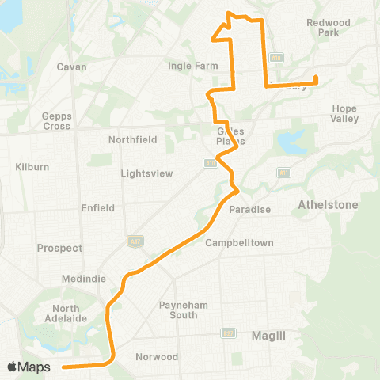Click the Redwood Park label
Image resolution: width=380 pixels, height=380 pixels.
pyautogui.click(x=322, y=28)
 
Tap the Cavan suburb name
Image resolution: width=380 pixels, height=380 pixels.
pyautogui.click(x=71, y=66)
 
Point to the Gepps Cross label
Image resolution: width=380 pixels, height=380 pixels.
pyautogui.click(x=56, y=120)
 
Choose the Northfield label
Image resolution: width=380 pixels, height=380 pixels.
pyautogui.click(x=133, y=139)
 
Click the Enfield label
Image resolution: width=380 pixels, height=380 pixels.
pyautogui.click(x=99, y=207)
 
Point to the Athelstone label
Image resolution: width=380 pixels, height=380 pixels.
pyautogui.click(x=328, y=204)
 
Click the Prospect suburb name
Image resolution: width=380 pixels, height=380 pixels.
pyautogui.click(x=59, y=248)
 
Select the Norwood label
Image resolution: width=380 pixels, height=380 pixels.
pyautogui.click(x=157, y=356)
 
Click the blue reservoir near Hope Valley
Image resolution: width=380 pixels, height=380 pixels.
pyautogui.click(x=289, y=144)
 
